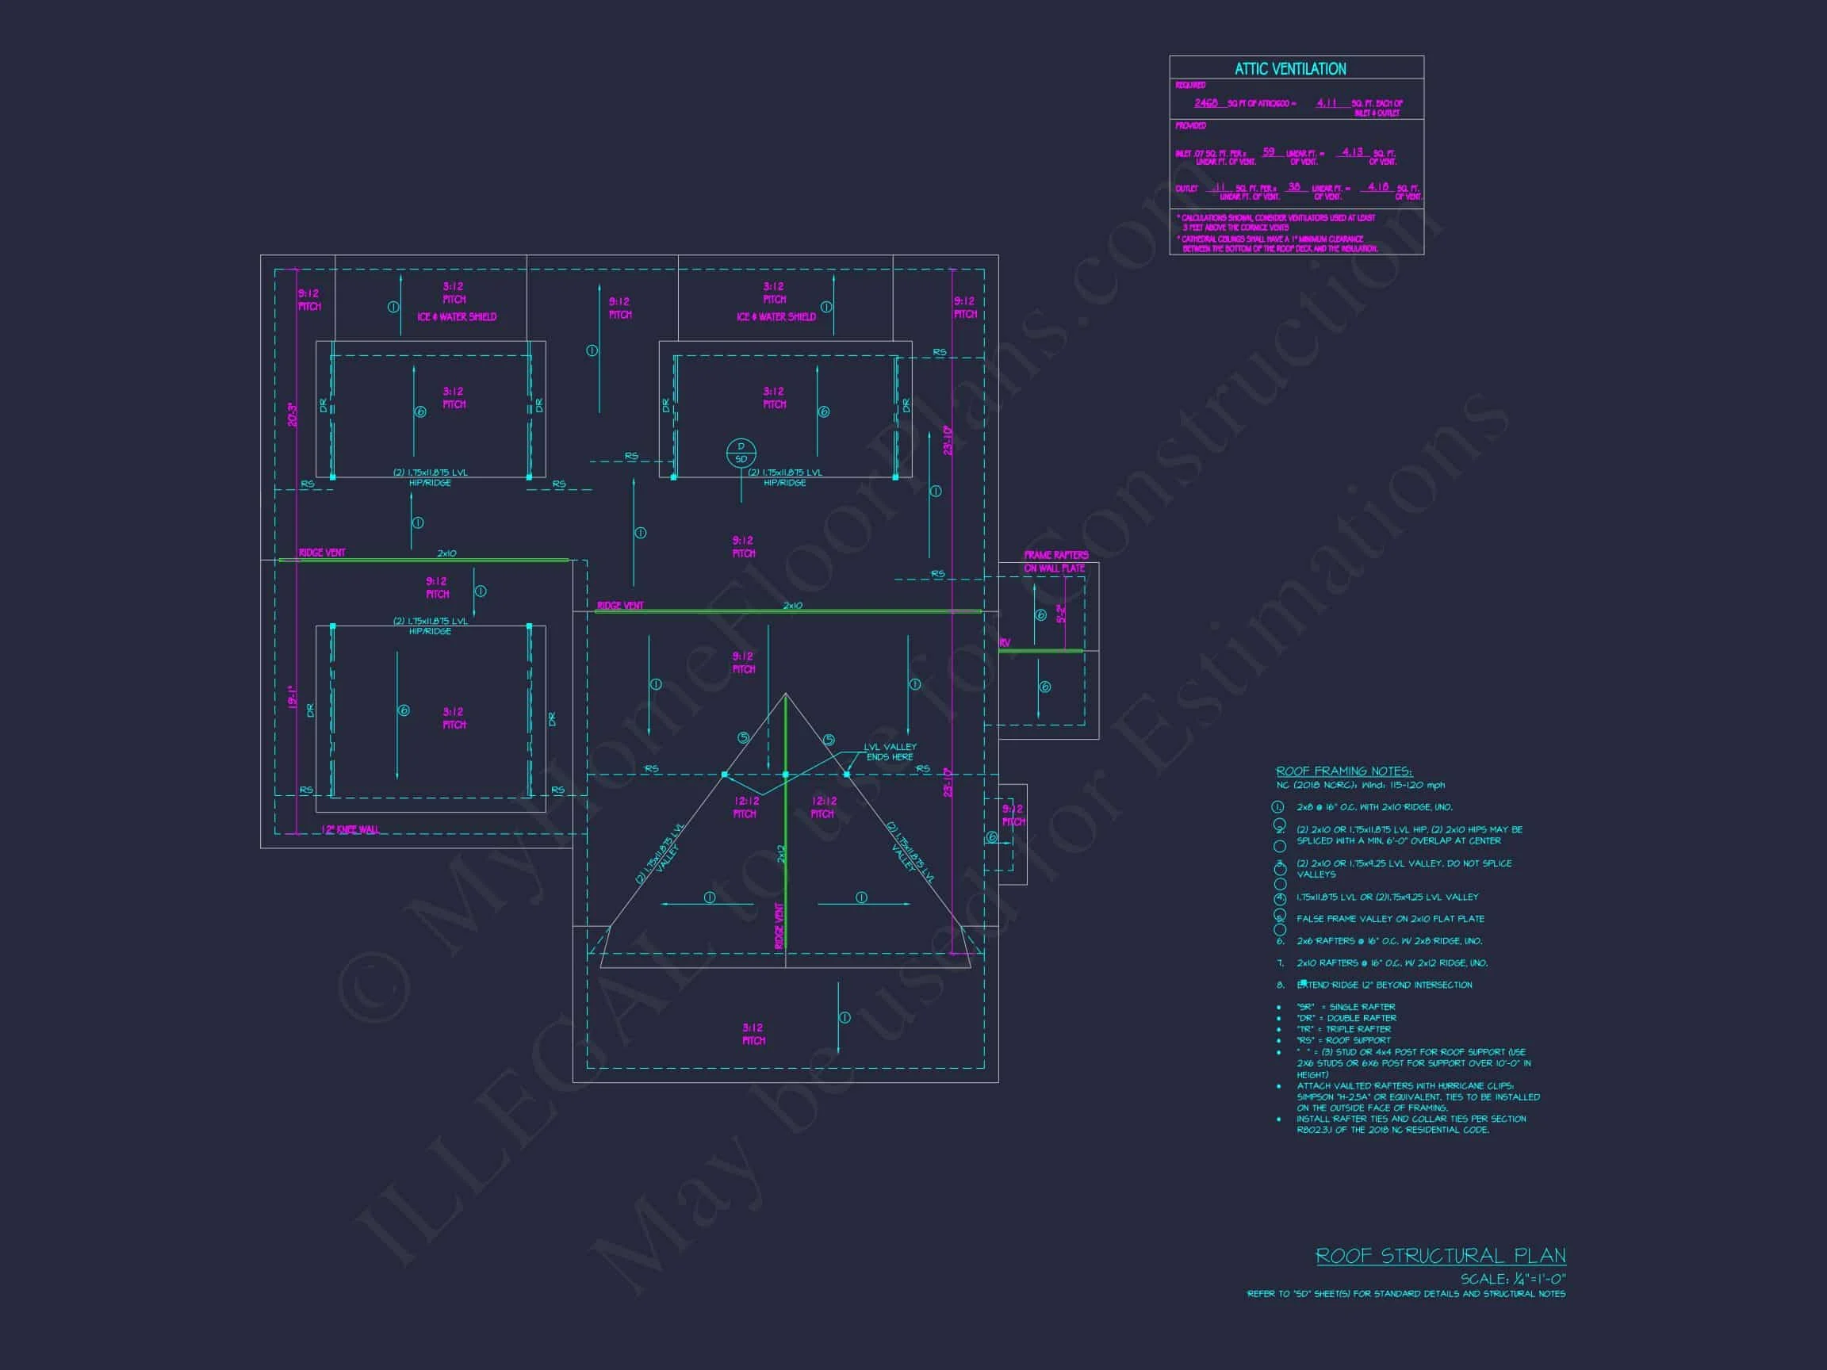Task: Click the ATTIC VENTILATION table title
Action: click(x=1290, y=69)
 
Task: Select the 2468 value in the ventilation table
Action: click(x=1206, y=103)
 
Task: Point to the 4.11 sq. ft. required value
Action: click(x=1327, y=103)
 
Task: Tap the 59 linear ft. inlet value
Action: click(x=1269, y=152)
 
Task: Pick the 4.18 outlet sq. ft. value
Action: click(x=1377, y=187)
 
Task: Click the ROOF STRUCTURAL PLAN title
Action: click(x=1441, y=1256)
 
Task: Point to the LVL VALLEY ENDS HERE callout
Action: click(x=890, y=752)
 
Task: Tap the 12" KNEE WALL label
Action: click(x=350, y=830)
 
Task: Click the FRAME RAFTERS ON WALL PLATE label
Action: click(x=1055, y=561)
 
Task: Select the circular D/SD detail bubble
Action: click(x=741, y=453)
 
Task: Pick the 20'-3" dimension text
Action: click(x=293, y=415)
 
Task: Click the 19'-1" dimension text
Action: click(x=293, y=697)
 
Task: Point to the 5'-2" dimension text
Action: click(x=1061, y=614)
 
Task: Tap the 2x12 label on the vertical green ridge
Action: click(x=780, y=855)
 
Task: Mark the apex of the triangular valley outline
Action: click(x=786, y=694)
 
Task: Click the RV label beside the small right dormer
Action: click(x=1005, y=643)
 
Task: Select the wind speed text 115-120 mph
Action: click(x=1417, y=786)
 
